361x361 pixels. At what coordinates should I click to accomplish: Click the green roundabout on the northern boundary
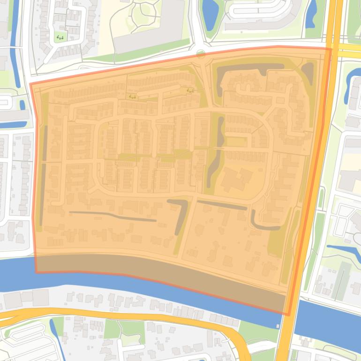[201, 54]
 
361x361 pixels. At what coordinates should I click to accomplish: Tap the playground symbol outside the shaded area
[60, 37]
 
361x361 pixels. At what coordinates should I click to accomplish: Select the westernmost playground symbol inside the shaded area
[132, 97]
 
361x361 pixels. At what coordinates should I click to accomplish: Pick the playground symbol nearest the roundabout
[190, 90]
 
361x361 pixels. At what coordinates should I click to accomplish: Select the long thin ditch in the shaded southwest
[113, 216]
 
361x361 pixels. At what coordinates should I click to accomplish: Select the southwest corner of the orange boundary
[36, 271]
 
